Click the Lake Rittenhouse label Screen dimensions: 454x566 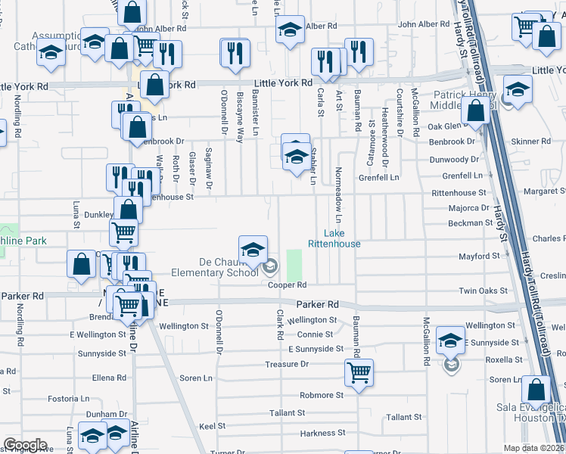[x=334, y=238]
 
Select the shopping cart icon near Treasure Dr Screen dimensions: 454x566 [x=359, y=372]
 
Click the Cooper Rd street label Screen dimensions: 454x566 [x=287, y=285]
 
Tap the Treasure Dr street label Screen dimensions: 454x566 [x=287, y=364]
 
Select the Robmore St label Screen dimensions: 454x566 [x=322, y=395]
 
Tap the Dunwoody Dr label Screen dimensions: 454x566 [x=454, y=160]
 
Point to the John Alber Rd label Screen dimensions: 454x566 [x=424, y=24]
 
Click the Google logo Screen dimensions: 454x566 [x=25, y=445]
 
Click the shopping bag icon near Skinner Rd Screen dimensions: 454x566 [x=476, y=111]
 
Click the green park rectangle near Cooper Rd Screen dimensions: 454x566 [x=294, y=263]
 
